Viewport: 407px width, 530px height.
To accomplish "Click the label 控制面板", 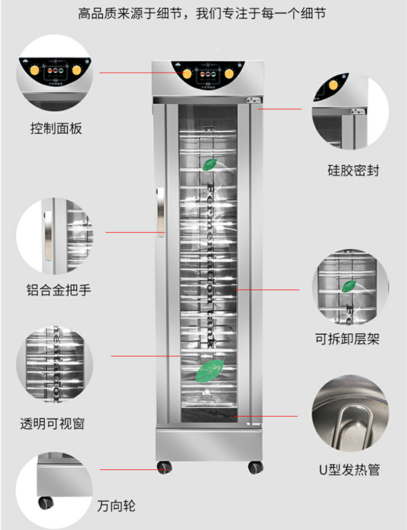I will (56, 129).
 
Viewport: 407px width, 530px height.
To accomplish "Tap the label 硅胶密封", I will (353, 170).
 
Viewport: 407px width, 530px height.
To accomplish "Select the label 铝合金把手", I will (59, 290).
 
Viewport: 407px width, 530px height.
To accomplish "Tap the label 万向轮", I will (116, 506).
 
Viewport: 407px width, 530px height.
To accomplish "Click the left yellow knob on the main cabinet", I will (187, 75).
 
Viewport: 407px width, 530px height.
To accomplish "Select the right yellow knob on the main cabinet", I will (229, 75).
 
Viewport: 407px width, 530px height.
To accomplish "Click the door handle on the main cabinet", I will (161, 212).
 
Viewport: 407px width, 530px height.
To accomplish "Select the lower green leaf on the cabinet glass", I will (210, 370).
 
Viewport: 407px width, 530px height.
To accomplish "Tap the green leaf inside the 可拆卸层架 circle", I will (348, 286).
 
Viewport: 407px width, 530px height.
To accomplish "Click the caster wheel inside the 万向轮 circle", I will (46, 503).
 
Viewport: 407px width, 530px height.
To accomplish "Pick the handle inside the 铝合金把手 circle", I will (47, 235).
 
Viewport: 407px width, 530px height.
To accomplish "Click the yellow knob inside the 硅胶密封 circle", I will (333, 85).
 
